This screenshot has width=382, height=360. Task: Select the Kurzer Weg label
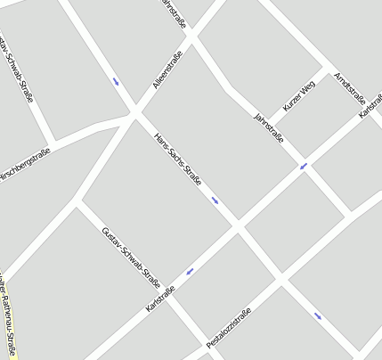click(x=299, y=98)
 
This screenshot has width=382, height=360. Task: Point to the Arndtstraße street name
click(x=350, y=87)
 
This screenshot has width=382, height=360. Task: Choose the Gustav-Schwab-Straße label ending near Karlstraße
click(x=130, y=258)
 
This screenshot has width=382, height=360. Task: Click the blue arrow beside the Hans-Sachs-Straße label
click(x=215, y=200)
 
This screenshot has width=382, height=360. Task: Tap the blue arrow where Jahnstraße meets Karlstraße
click(x=304, y=166)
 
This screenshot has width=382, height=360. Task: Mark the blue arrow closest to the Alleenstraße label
click(x=116, y=83)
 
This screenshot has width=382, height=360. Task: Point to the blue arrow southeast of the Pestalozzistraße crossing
click(x=318, y=315)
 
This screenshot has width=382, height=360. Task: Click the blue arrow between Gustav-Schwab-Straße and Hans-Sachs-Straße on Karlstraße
click(x=190, y=271)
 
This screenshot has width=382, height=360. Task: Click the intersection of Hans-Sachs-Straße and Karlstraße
click(x=239, y=227)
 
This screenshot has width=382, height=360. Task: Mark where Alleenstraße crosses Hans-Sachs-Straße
click(x=135, y=114)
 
